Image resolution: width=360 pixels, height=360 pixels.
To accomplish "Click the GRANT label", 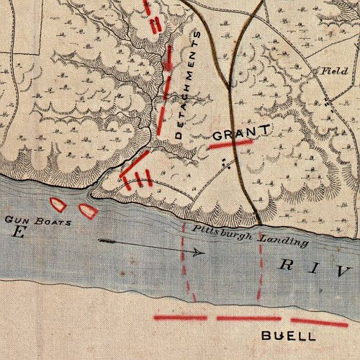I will coord(240,132).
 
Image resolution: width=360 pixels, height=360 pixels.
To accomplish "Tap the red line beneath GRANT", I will coord(230,144).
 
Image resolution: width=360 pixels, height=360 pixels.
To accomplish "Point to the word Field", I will coord(328,71).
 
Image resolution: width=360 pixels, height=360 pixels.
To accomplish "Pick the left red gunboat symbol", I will coord(57,204).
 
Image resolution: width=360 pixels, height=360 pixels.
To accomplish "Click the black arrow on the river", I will coord(151,246).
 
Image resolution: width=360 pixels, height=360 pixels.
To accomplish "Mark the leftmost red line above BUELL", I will coord(181,317).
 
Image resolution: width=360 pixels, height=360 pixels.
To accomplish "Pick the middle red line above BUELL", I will coord(248,318).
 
